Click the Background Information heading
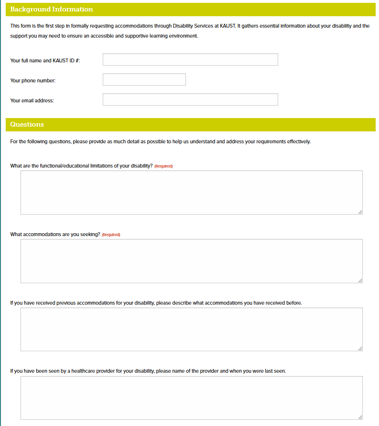tap(51, 9)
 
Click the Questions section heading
tap(27, 124)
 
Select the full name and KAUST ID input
tap(190, 59)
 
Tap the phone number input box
tap(144, 79)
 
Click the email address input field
tap(190, 99)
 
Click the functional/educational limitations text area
tap(191, 192)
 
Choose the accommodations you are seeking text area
tap(191, 261)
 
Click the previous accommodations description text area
tap(191, 329)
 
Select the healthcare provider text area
tap(191, 398)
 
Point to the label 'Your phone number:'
tap(33, 80)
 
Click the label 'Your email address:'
tap(32, 100)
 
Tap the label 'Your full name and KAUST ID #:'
tap(45, 60)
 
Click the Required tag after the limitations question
tap(164, 166)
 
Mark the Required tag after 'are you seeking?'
tap(111, 235)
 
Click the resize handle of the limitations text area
tap(360, 212)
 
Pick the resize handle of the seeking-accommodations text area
tap(360, 280)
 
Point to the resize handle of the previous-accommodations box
tap(360, 349)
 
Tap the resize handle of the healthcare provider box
tap(360, 417)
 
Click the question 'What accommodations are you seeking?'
tap(55, 234)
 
